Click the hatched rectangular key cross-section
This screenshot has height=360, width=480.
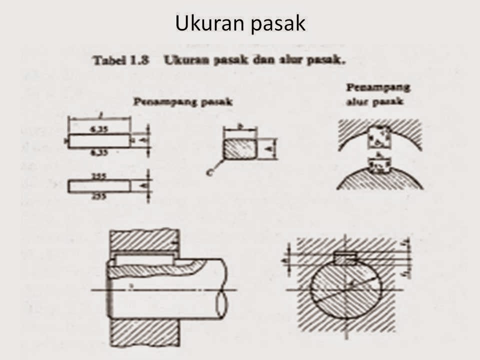click(x=239, y=149)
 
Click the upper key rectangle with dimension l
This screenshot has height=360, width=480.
click(x=99, y=141)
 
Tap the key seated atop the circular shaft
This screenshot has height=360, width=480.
click(x=345, y=258)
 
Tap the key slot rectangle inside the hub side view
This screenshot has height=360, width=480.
click(x=143, y=259)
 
